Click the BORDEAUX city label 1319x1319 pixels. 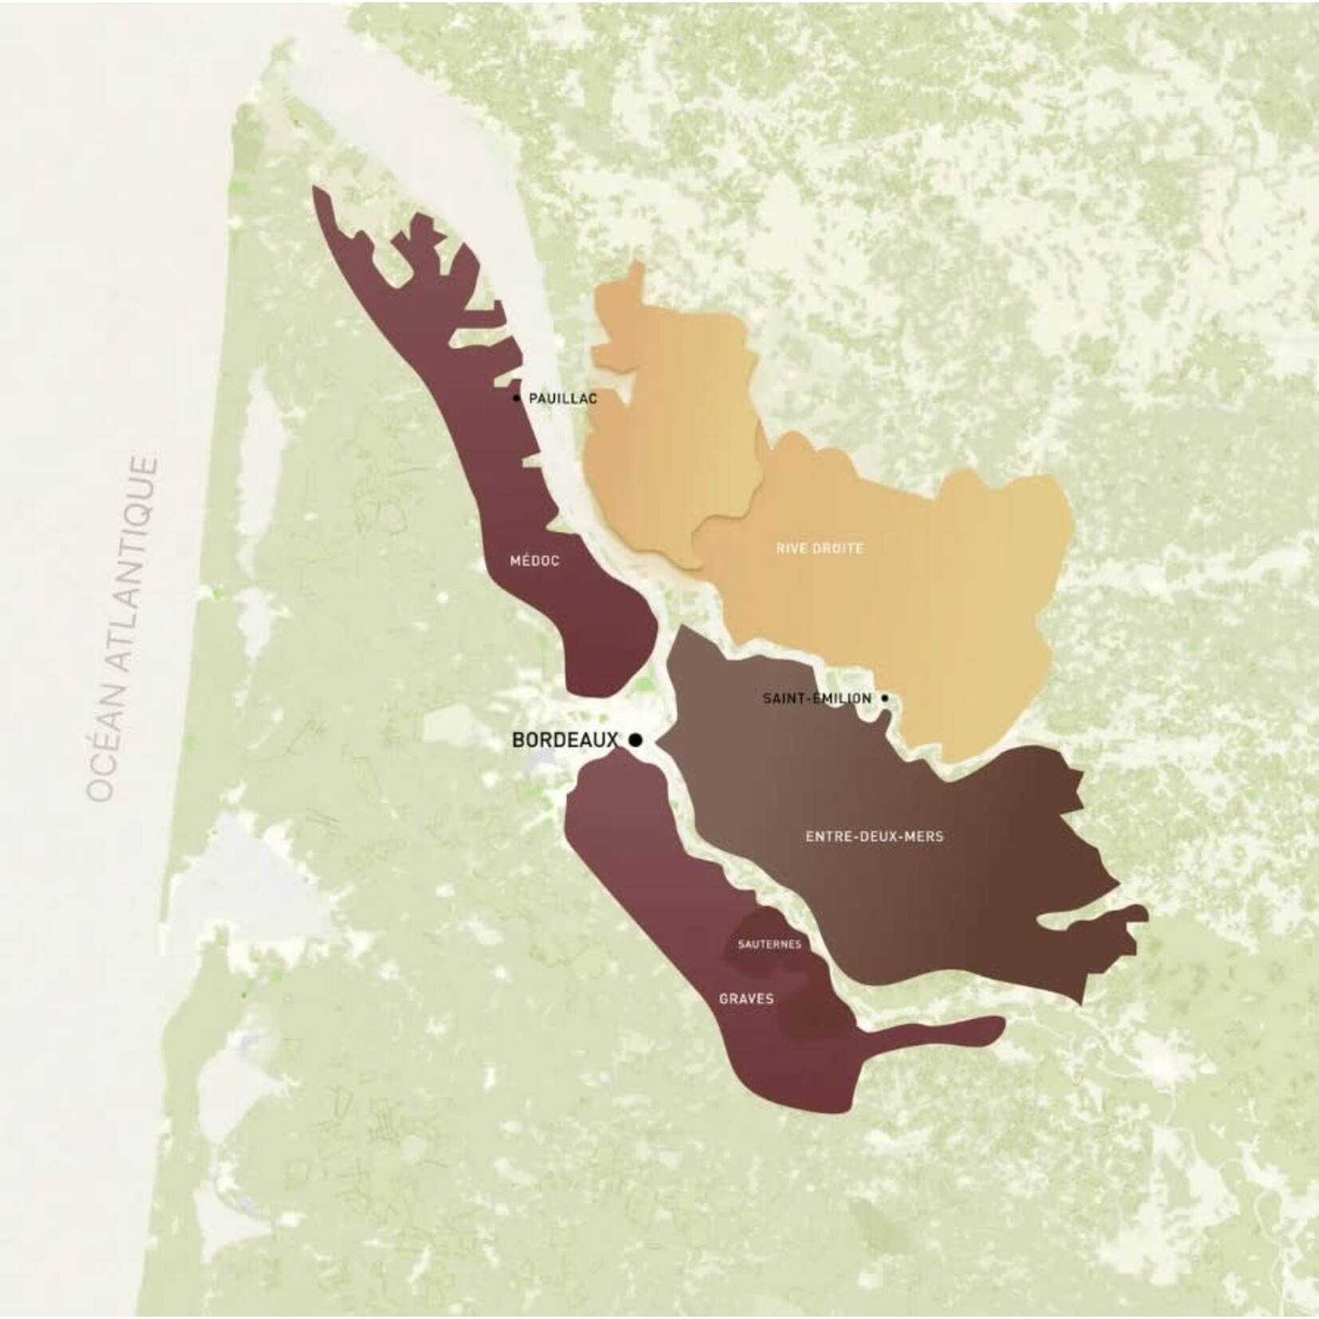tap(564, 741)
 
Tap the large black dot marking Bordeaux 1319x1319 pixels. tap(636, 740)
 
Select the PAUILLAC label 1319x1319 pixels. tap(563, 398)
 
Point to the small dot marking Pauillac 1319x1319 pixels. tap(517, 397)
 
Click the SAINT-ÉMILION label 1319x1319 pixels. tap(817, 699)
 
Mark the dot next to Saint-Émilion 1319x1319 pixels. tap(884, 698)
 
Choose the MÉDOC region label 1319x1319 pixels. tap(534, 561)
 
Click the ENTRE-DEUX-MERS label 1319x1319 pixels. tap(874, 837)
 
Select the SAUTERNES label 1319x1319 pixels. tap(770, 944)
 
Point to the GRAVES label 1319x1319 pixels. tap(746, 998)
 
